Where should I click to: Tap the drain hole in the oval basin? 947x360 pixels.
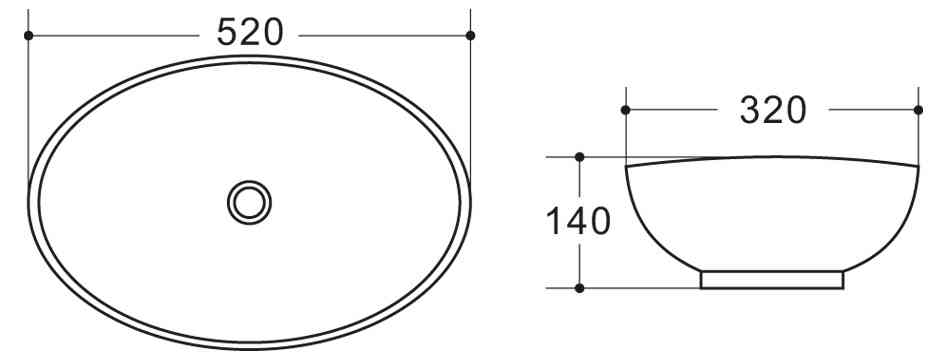tap(249, 201)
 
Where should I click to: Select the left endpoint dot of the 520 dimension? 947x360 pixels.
tap(28, 35)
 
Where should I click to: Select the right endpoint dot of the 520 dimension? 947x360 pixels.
tap(471, 35)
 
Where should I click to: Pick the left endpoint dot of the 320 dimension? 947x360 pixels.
tap(625, 109)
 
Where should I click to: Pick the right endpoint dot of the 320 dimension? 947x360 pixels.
tap(918, 109)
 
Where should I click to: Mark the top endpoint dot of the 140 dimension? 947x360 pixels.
tap(580, 157)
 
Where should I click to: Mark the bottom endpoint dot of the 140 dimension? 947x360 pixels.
tap(580, 288)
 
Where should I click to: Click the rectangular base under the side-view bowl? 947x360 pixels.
tap(772, 279)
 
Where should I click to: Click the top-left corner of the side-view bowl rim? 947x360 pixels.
tap(627, 165)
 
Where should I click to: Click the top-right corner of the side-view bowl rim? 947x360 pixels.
tap(917, 165)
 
